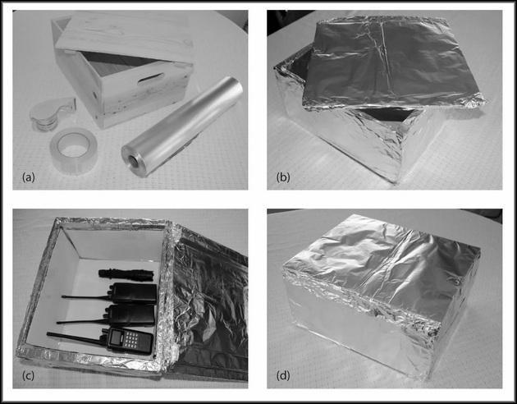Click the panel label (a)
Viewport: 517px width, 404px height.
click(x=29, y=177)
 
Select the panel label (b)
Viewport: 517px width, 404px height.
click(x=283, y=177)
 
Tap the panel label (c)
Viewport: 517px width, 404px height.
click(x=29, y=375)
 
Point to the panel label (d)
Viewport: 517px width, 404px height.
click(x=283, y=375)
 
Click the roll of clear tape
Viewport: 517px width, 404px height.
click(x=74, y=150)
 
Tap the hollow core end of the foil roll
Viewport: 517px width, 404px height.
click(x=134, y=160)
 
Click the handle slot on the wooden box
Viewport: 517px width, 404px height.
click(x=150, y=79)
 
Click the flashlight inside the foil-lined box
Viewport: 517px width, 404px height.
click(x=126, y=273)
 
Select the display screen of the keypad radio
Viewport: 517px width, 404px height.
click(x=117, y=336)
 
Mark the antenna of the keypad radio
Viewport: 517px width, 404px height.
click(x=75, y=339)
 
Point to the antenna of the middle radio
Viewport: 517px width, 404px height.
click(x=81, y=320)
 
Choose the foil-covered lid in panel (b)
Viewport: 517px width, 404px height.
click(x=392, y=62)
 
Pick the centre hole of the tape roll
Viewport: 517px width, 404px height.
click(x=74, y=145)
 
